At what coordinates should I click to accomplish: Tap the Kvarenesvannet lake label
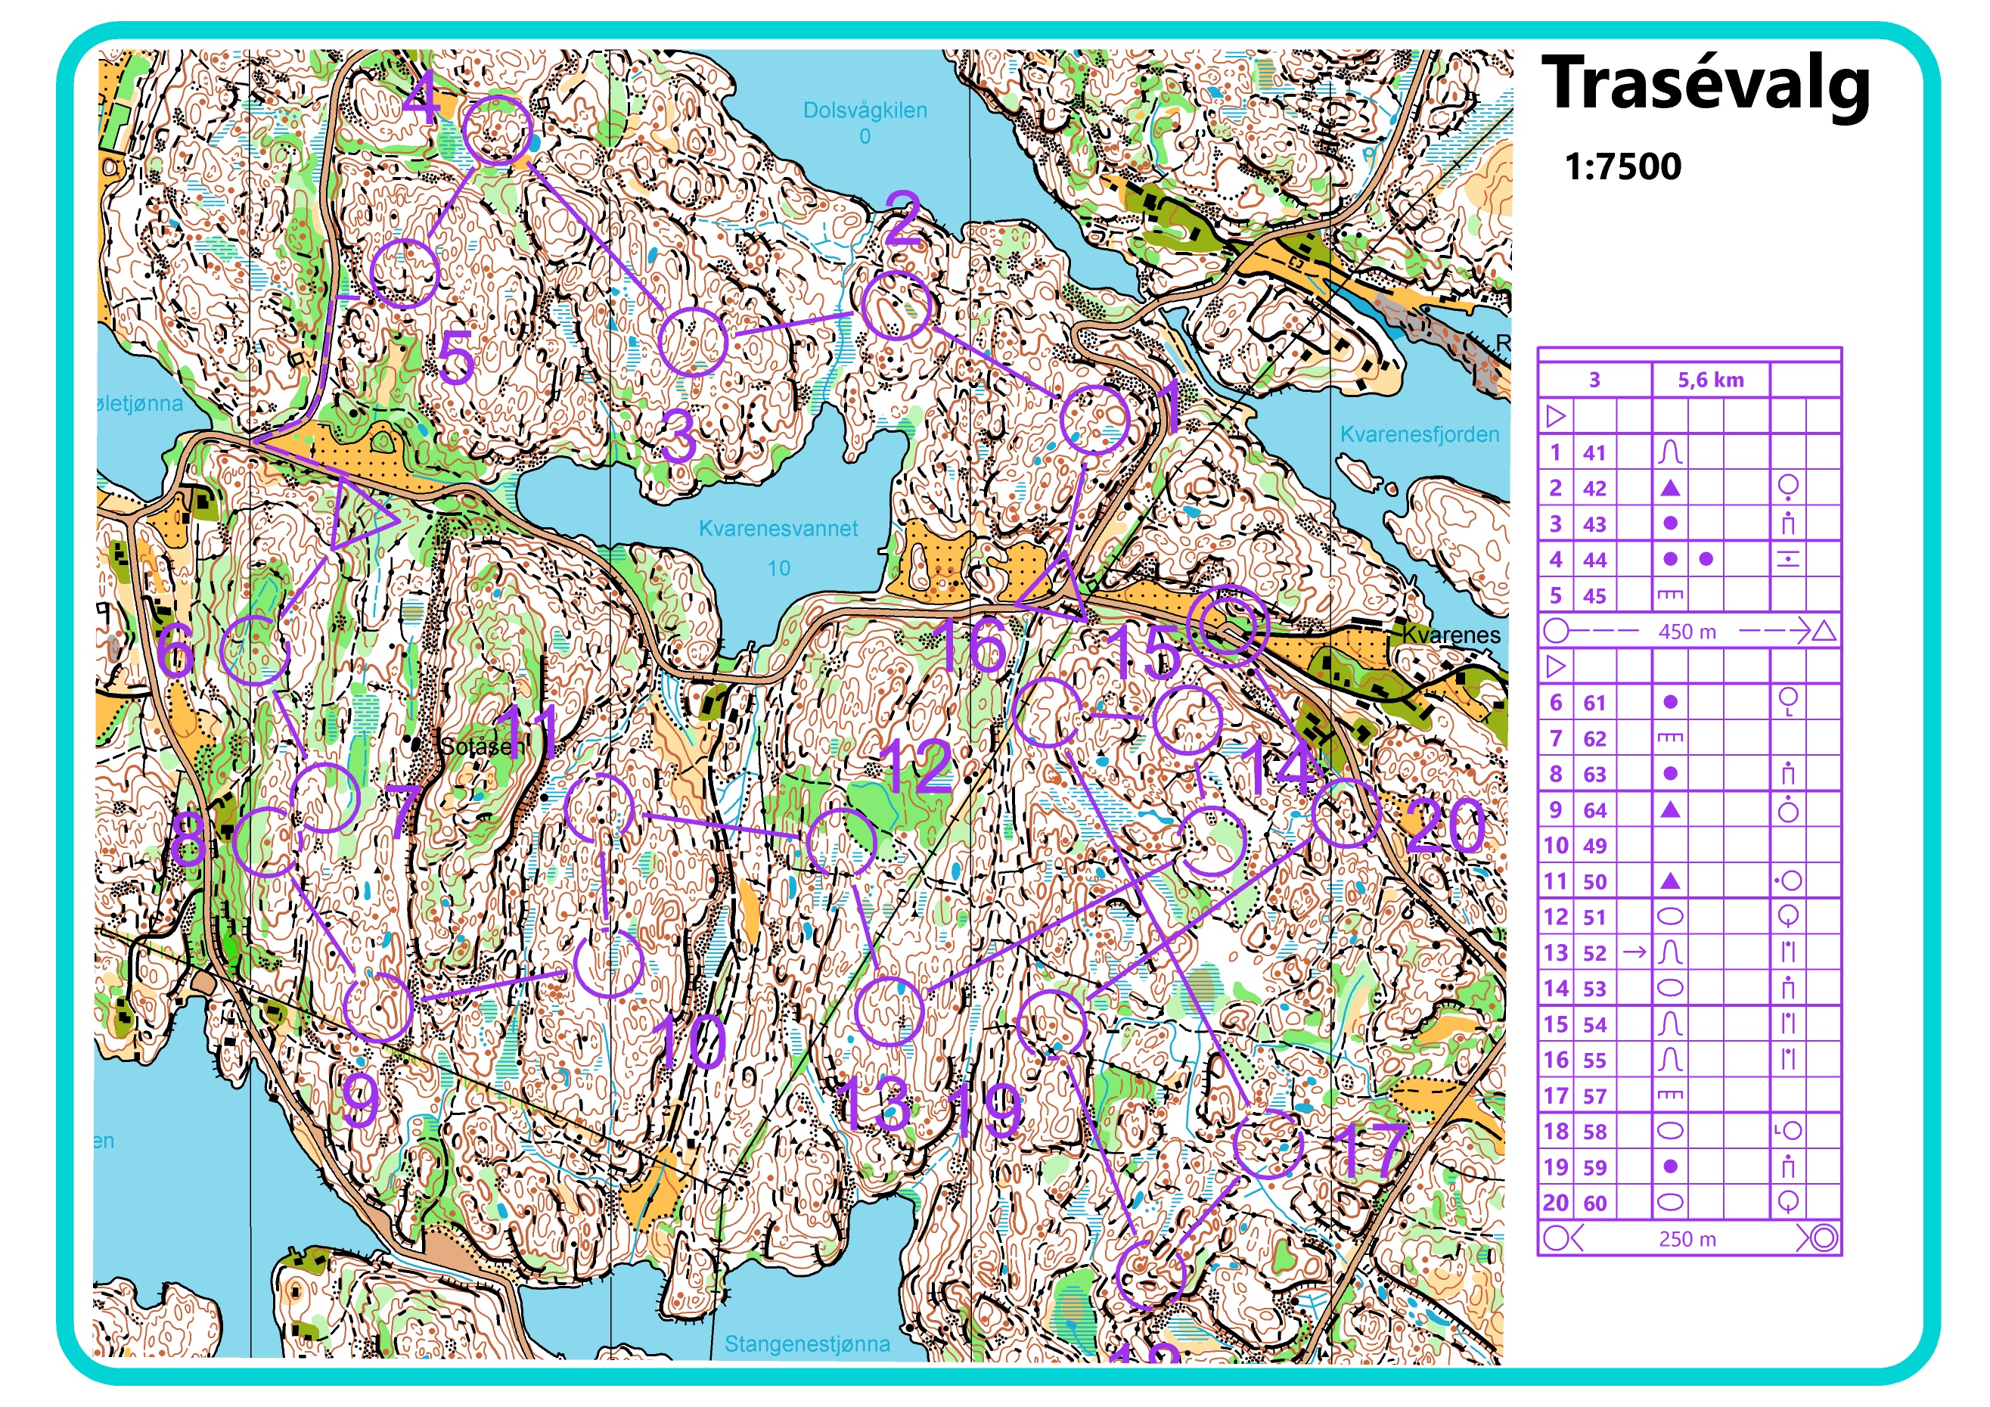pyautogui.click(x=778, y=528)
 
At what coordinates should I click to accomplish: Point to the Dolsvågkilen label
pyautogui.click(x=864, y=110)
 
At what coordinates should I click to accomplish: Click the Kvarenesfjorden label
pyautogui.click(x=1419, y=434)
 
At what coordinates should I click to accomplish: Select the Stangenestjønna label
pyautogui.click(x=806, y=1343)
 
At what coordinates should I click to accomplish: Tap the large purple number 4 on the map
pyautogui.click(x=421, y=98)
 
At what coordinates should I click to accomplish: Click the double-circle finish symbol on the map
pyautogui.click(x=1228, y=625)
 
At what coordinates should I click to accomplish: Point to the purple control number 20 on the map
pyautogui.click(x=1445, y=825)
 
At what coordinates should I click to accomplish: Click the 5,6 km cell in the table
pyautogui.click(x=1709, y=380)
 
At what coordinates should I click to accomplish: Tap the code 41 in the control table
pyautogui.click(x=1594, y=452)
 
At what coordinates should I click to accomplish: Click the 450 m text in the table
pyautogui.click(x=1686, y=632)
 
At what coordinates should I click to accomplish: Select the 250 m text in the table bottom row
pyautogui.click(x=1686, y=1239)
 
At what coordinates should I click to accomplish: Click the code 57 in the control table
pyautogui.click(x=1594, y=1097)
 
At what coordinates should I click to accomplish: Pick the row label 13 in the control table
pyautogui.click(x=1555, y=952)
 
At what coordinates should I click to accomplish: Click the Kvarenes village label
pyautogui.click(x=1450, y=635)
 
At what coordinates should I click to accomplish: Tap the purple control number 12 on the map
pyautogui.click(x=916, y=767)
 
